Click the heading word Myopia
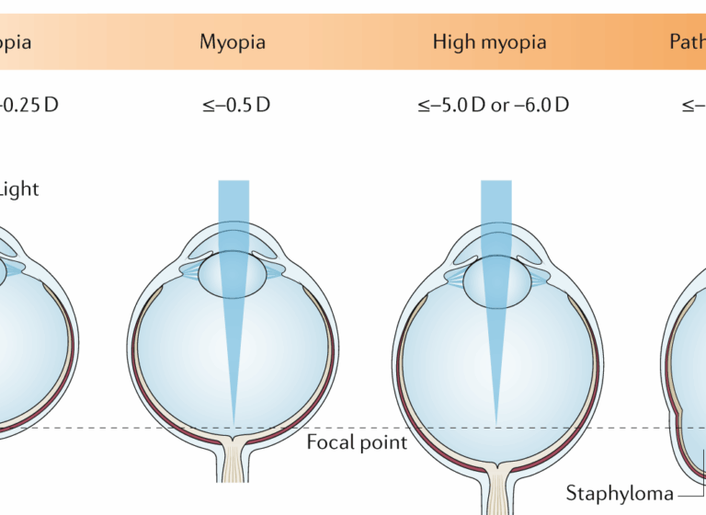point(233,42)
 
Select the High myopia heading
point(489,42)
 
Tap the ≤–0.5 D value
point(235,104)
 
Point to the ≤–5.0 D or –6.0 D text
point(492,104)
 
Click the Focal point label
point(357,442)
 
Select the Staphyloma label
point(619,493)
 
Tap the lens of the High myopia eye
point(496,281)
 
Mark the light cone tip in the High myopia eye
point(496,423)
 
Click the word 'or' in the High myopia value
point(500,104)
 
